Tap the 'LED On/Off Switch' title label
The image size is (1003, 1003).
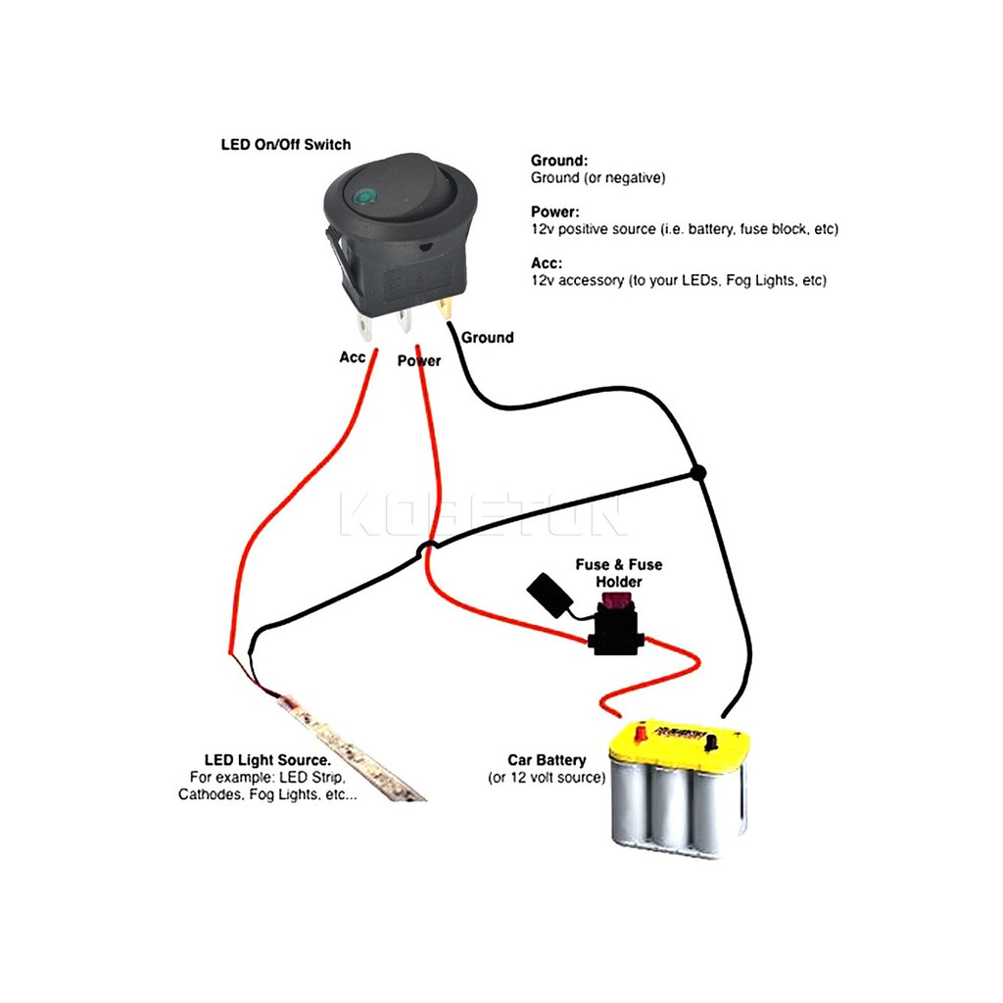pyautogui.click(x=285, y=145)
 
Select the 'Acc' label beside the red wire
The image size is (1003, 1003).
pyautogui.click(x=352, y=358)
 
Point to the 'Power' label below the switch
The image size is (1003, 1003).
pyautogui.click(x=419, y=360)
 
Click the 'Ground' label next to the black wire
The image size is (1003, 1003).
pyautogui.click(x=487, y=338)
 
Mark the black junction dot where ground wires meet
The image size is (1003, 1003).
pyautogui.click(x=697, y=474)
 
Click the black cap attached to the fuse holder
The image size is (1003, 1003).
pyautogui.click(x=544, y=591)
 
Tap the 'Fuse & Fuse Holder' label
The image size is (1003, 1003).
pyautogui.click(x=618, y=573)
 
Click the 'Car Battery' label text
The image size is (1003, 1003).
pyautogui.click(x=547, y=760)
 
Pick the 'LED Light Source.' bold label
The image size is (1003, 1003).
pyautogui.click(x=266, y=759)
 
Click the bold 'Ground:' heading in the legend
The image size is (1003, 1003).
pyautogui.click(x=558, y=161)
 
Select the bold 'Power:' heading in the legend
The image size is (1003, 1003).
pyautogui.click(x=554, y=212)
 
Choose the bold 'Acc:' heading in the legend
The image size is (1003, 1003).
pyautogui.click(x=547, y=263)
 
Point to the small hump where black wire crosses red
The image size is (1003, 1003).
pyautogui.click(x=427, y=548)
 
